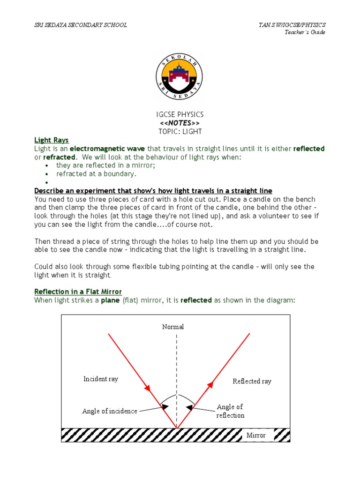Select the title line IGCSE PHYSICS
180,115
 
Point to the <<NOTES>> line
180,123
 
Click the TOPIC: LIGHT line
180,131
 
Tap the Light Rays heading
52,140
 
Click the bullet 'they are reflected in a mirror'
105,165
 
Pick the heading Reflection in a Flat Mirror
78,292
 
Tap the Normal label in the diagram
173,327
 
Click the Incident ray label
101,379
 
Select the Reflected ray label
252,381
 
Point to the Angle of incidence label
110,411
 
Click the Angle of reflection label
230,411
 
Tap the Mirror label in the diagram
256,435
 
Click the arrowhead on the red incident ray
148,389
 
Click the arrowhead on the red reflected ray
210,385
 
